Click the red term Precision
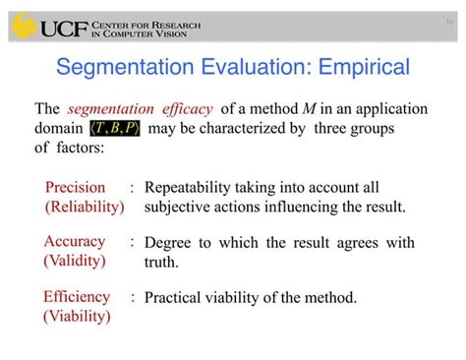click(x=76, y=187)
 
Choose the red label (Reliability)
click(x=85, y=207)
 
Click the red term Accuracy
click(x=75, y=242)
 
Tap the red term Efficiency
click(x=78, y=296)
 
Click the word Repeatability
click(x=192, y=187)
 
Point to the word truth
click(x=161, y=262)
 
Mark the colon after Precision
click(x=131, y=187)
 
